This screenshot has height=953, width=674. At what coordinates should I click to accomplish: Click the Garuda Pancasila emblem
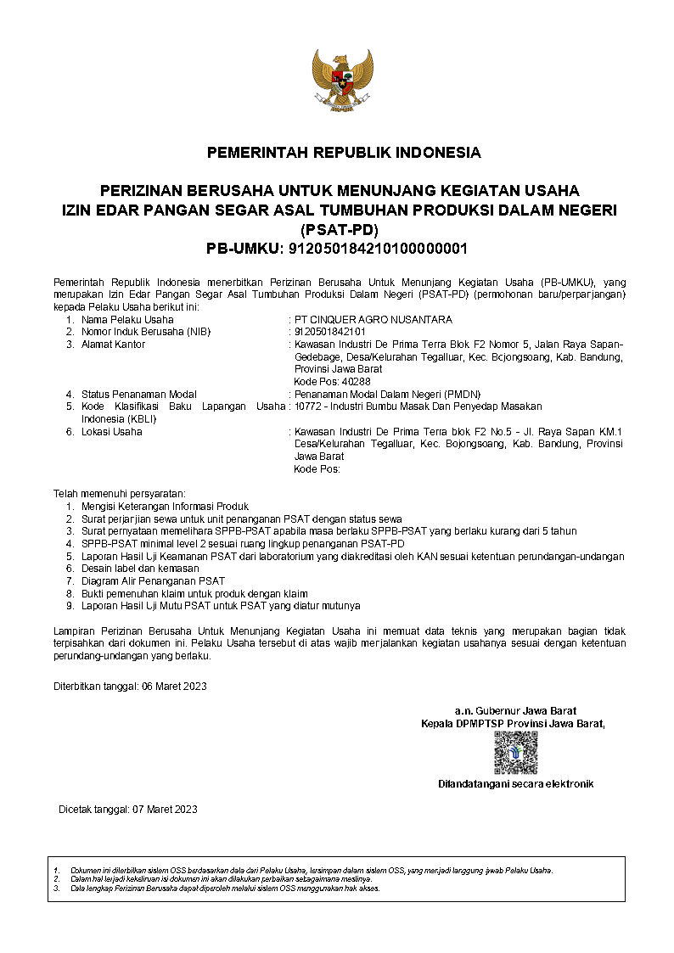[x=343, y=80]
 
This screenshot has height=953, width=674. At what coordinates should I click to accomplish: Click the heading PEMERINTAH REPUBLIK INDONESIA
[x=344, y=153]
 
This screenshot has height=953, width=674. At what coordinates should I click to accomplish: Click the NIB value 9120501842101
[x=330, y=332]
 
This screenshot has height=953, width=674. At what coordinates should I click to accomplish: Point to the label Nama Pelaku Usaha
[x=127, y=320]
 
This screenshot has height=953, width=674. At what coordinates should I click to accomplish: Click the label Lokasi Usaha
[x=111, y=432]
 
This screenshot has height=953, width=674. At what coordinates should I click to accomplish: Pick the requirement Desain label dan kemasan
[x=140, y=568]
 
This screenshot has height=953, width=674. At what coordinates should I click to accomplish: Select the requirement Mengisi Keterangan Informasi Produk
[x=165, y=506]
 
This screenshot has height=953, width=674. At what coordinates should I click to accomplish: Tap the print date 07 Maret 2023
[x=165, y=810]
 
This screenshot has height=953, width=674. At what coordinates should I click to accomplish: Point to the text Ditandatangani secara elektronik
[x=515, y=784]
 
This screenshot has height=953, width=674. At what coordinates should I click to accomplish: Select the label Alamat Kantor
[x=113, y=345]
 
